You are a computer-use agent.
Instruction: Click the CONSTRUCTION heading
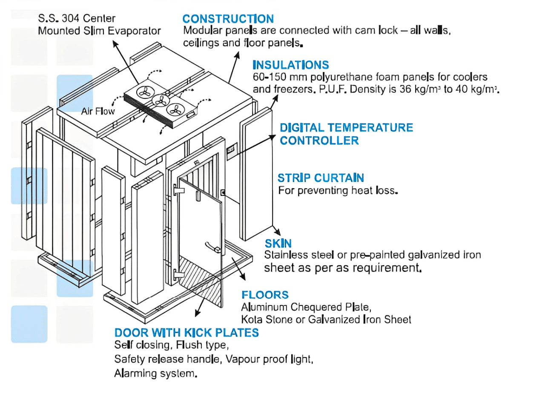point(228,19)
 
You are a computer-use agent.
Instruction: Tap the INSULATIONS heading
point(290,65)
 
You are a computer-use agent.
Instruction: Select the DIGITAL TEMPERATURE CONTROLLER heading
point(346,134)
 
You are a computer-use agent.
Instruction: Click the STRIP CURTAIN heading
point(321,178)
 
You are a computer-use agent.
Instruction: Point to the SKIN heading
point(278,244)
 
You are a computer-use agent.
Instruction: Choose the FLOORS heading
point(265,295)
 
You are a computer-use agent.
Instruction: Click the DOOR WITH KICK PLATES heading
point(186,333)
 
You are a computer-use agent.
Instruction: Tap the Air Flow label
point(96,112)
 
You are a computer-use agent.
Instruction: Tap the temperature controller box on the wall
point(231,150)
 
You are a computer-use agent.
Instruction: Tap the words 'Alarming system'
point(155,373)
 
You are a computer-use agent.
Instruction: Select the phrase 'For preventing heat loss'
point(338,190)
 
